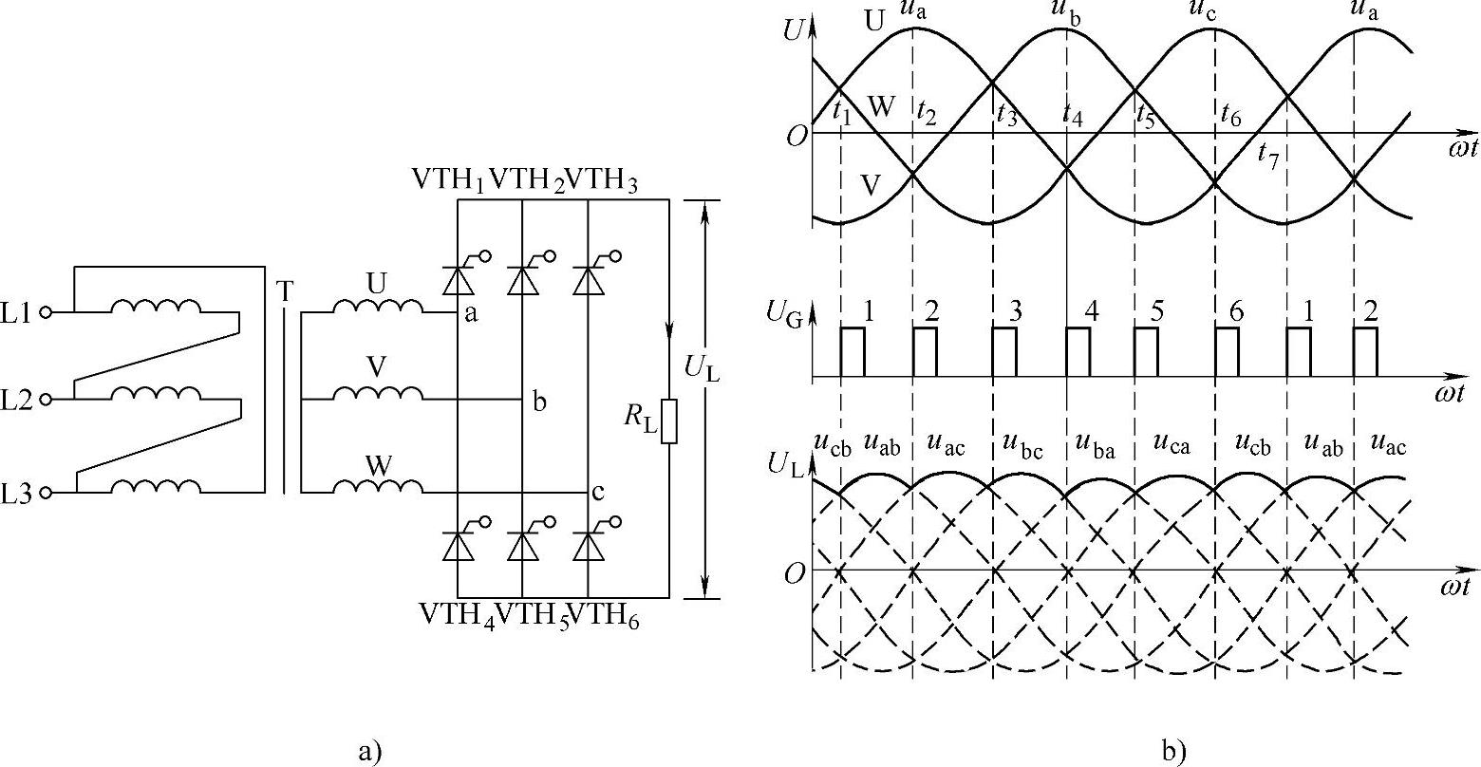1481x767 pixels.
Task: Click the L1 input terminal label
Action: [18, 311]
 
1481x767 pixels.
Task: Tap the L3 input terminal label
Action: [18, 494]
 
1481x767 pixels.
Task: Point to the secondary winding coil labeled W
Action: [378, 487]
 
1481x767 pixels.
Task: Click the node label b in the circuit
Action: [539, 402]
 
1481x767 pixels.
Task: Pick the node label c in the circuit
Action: [597, 492]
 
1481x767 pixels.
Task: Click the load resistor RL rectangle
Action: [669, 421]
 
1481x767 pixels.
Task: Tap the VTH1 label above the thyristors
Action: [448, 181]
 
